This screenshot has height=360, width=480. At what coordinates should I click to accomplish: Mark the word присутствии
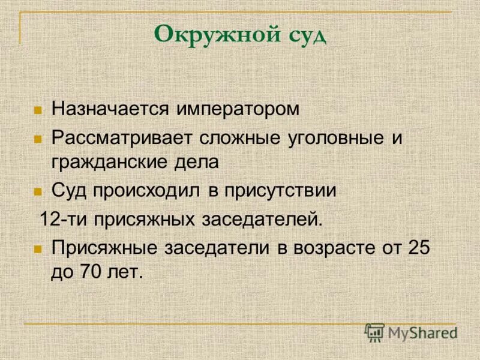point(279,191)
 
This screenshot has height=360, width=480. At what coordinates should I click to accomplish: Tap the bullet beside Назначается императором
point(38,111)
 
